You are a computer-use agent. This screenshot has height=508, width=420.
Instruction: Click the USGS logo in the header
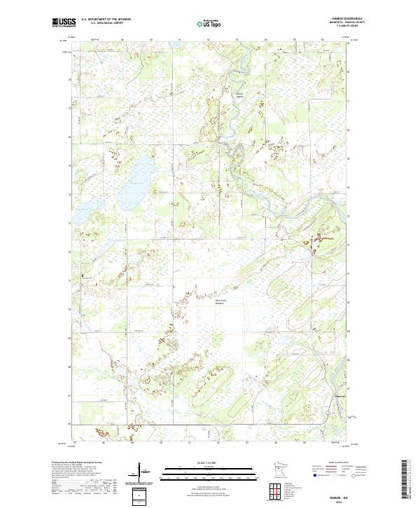[64, 23]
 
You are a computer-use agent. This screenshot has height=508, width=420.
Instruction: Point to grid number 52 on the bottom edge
[218, 442]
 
